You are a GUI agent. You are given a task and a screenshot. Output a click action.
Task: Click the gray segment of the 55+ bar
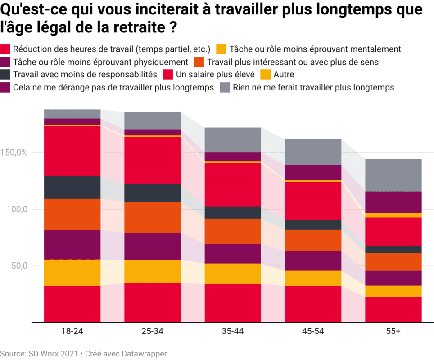(393, 175)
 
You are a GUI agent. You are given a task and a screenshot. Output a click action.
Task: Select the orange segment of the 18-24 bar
(72, 214)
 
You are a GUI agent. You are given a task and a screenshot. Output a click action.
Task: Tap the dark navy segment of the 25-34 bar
(153, 193)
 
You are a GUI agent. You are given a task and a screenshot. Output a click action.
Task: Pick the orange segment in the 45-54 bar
(313, 240)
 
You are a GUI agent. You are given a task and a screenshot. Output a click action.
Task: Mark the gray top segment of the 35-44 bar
(233, 139)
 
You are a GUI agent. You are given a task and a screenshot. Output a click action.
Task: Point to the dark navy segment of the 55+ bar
(393, 249)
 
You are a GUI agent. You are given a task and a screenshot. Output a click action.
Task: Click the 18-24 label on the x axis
(72, 331)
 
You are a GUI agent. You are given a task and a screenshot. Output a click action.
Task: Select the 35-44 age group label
(233, 331)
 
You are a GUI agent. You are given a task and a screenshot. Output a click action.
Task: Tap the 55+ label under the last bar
(393, 331)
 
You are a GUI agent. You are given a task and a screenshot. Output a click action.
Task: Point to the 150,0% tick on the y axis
(15, 153)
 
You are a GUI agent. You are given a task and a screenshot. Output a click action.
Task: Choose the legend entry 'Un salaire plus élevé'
(215, 74)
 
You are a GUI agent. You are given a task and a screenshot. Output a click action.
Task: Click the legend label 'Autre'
(284, 74)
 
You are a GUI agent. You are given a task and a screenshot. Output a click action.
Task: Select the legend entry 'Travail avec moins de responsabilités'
(85, 74)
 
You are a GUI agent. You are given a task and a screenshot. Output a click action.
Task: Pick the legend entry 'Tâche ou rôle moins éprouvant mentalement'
(315, 49)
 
